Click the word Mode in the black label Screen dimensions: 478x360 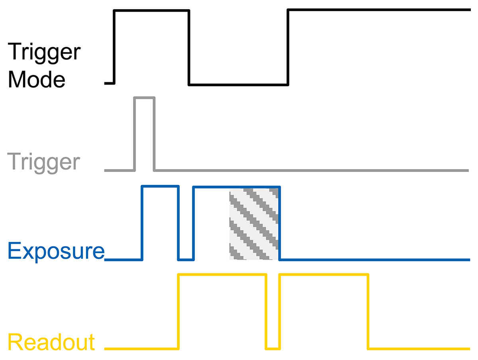[37, 79]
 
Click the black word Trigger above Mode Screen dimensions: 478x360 [44, 53]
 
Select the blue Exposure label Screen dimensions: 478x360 [56, 252]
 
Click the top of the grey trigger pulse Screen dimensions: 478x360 [144, 98]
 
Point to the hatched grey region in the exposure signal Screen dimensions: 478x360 [254, 224]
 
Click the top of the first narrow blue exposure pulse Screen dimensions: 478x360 [160, 186]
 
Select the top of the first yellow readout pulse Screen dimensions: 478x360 [222, 275]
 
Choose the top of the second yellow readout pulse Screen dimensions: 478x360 [323, 275]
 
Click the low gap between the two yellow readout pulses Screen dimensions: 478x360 [273, 349]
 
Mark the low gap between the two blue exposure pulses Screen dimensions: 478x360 [186, 260]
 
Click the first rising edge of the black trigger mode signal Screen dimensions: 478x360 [114, 47]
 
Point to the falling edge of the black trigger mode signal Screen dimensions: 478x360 [189, 47]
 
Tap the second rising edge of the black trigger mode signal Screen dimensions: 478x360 [288, 47]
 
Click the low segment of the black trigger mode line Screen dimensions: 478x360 [239, 85]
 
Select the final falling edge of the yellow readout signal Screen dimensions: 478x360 [368, 312]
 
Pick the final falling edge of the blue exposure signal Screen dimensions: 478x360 [280, 223]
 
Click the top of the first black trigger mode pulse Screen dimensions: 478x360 [152, 11]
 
